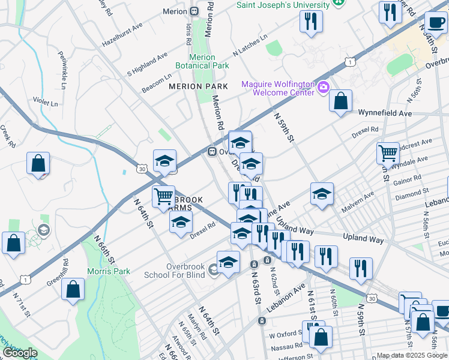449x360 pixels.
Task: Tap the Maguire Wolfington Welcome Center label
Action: point(278,88)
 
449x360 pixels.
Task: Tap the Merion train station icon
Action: point(194,11)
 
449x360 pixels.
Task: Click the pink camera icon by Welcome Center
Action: point(324,88)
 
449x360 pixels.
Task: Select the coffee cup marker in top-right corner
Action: point(436,23)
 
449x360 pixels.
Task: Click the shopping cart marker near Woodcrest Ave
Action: point(388,153)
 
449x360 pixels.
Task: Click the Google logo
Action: point(20,353)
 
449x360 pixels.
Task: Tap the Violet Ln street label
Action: point(45,103)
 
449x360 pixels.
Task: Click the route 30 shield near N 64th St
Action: point(142,170)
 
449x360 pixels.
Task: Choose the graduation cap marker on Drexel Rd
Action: point(181,221)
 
